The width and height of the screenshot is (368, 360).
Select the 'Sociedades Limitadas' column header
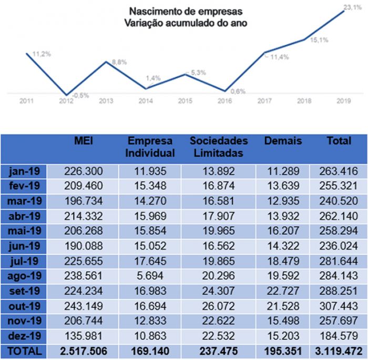(218, 147)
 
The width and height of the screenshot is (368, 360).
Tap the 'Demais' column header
(283, 141)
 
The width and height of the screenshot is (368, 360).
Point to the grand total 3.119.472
(338, 350)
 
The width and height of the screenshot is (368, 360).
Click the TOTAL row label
(24, 350)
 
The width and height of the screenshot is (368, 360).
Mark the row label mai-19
(24, 231)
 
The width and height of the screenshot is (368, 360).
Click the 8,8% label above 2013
(120, 62)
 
